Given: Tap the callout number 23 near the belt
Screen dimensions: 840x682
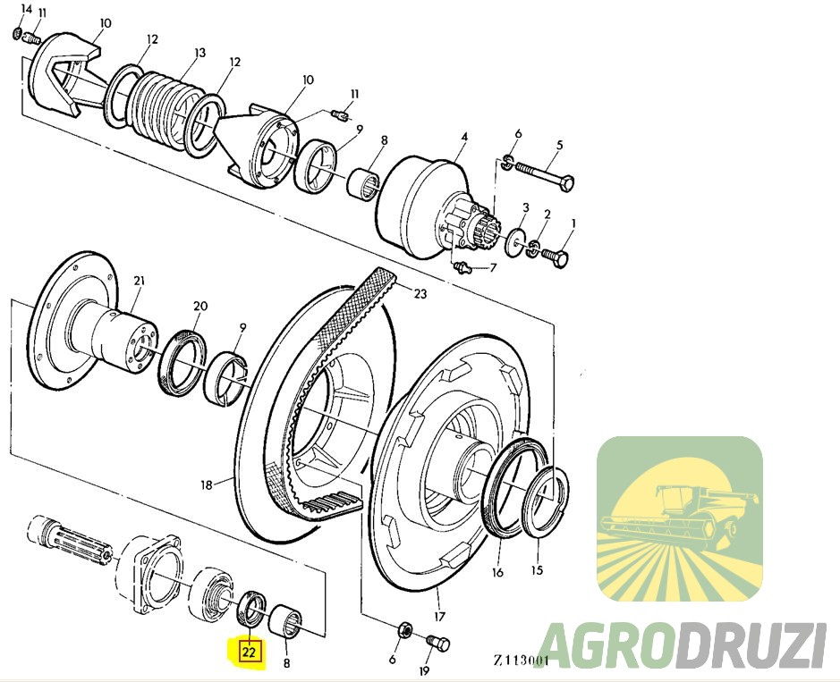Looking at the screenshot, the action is [x=420, y=293].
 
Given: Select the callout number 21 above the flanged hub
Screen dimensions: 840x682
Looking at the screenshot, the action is [x=140, y=281].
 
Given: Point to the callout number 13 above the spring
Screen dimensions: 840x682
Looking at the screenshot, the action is [x=199, y=53].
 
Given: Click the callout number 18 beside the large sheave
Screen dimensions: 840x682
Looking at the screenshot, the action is [x=207, y=485].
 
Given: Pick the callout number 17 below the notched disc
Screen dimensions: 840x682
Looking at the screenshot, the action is [x=439, y=617].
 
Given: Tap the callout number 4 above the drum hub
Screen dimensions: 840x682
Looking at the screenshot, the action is [x=464, y=137].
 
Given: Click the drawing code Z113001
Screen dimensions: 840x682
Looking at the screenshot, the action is [x=522, y=660].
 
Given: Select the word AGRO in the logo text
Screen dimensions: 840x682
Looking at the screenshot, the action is [x=606, y=644].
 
